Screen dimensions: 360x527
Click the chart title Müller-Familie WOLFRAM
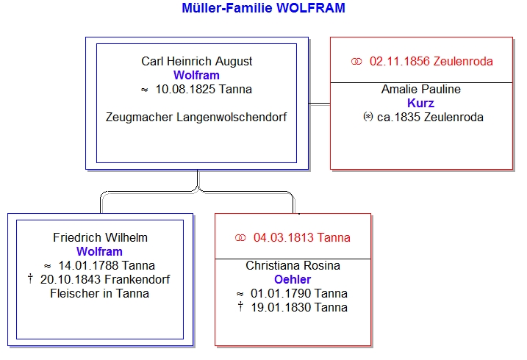click(x=263, y=9)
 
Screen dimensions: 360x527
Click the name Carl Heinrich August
click(x=196, y=61)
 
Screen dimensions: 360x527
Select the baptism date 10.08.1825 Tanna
click(x=204, y=90)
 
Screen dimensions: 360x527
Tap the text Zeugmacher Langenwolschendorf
click(x=196, y=117)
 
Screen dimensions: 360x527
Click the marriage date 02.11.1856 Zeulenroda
click(x=431, y=61)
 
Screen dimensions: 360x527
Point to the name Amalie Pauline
click(x=421, y=89)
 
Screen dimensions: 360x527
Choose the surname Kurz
click(x=421, y=103)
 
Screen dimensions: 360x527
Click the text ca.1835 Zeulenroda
click(x=430, y=117)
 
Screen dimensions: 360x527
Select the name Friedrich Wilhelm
click(x=100, y=237)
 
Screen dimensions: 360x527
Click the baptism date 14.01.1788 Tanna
click(x=107, y=265)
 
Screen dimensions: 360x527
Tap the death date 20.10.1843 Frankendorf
click(x=109, y=279)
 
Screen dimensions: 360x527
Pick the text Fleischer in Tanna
click(x=100, y=293)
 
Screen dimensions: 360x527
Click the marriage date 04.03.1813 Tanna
click(x=301, y=237)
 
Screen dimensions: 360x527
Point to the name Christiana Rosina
click(x=293, y=265)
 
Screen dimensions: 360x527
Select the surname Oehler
click(x=293, y=279)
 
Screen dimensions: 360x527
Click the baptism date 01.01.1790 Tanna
click(x=299, y=293)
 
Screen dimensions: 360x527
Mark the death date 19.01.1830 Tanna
click(x=299, y=307)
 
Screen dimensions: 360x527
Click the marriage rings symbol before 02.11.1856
click(x=357, y=61)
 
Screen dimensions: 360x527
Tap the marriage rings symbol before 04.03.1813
click(x=240, y=237)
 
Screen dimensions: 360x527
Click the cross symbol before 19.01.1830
click(x=240, y=307)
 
